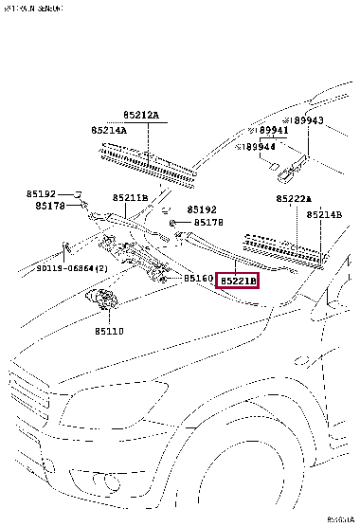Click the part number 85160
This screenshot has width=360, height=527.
pos(199,279)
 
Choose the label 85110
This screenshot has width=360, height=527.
pos(109,333)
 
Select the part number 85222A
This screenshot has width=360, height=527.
pos(294,198)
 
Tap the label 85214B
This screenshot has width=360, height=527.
pos(324,215)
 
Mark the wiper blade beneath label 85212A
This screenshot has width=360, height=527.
pos(148,157)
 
